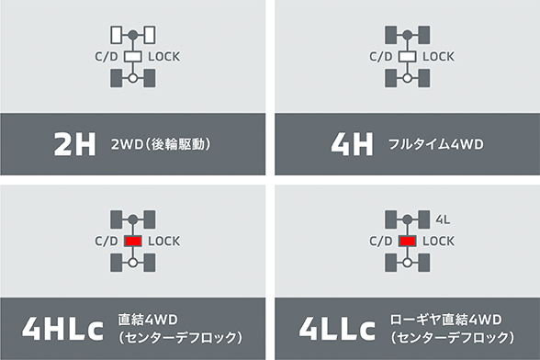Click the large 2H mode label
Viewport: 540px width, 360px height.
[75, 145]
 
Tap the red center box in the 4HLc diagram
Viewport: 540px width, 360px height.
[131, 241]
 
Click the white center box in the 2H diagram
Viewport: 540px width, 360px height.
[131, 56]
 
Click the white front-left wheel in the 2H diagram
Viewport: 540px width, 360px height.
[116, 35]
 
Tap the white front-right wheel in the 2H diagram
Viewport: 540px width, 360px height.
[148, 35]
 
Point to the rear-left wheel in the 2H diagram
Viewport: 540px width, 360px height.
[116, 78]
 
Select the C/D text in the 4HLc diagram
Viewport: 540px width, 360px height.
[104, 241]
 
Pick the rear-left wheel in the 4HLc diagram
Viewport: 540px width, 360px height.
[116, 263]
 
